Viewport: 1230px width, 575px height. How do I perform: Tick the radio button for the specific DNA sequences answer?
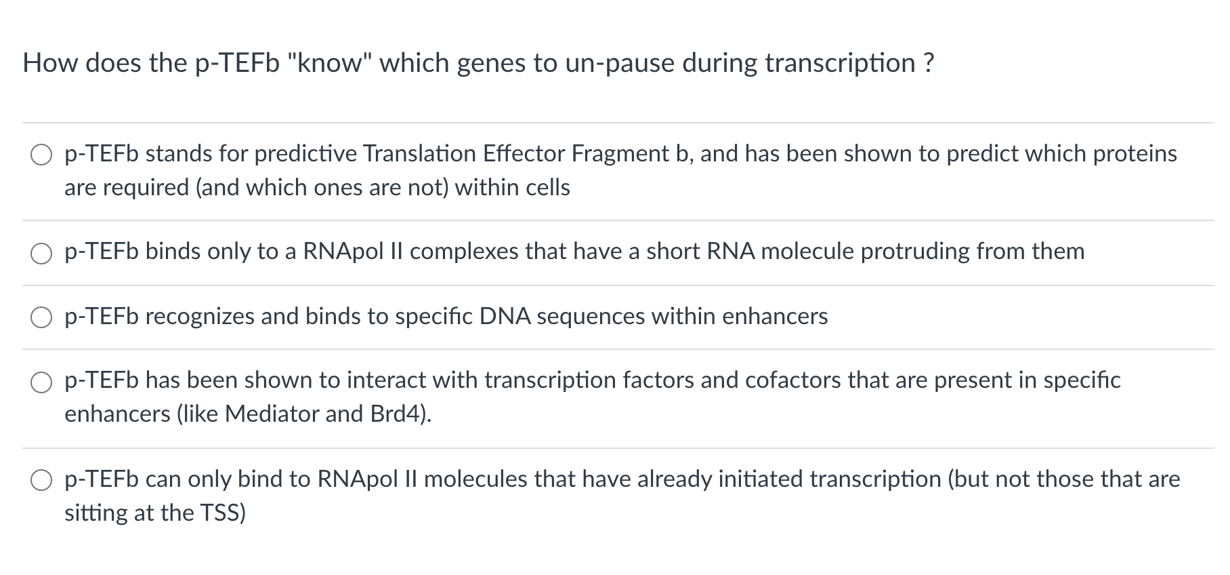point(41,317)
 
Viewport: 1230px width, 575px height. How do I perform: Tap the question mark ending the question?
point(928,63)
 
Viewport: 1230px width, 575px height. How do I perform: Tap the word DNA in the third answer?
point(505,316)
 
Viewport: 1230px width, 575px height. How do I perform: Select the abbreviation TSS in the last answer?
point(222,513)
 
